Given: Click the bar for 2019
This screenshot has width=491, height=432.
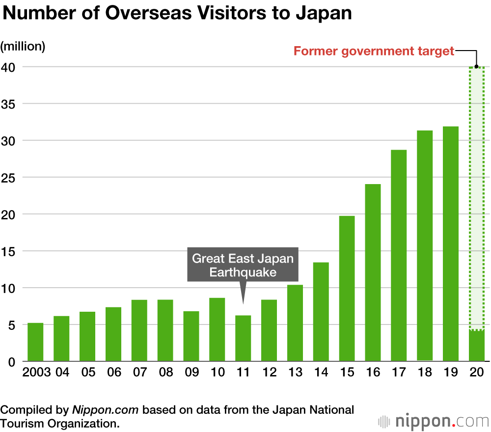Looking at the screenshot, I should [x=451, y=244].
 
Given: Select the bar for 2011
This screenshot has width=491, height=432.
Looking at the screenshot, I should [x=243, y=338].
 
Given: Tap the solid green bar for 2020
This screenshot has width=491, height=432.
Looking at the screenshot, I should [x=477, y=346].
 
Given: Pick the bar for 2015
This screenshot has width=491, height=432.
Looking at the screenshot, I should [x=347, y=289].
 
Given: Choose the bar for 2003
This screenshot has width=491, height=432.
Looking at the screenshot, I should [x=35, y=342].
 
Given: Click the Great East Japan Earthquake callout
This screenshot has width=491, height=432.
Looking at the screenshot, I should [x=243, y=265].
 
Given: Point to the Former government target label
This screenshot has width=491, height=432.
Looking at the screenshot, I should [x=374, y=51].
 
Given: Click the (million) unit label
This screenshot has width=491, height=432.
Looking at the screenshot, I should [x=23, y=47].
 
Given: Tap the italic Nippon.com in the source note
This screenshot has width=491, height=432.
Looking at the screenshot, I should [x=106, y=409].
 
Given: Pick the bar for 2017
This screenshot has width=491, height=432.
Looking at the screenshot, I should [x=399, y=256].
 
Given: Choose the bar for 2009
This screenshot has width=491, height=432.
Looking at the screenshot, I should [x=191, y=336].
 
